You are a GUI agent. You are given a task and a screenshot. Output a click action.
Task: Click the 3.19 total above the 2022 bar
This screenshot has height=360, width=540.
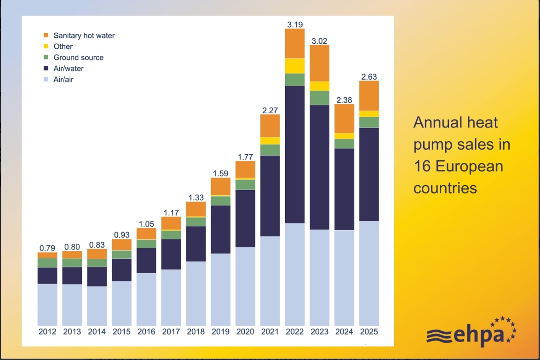pyautogui.click(x=295, y=25)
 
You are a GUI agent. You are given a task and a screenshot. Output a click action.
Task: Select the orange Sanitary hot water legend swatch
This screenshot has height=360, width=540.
pyautogui.click(x=46, y=35)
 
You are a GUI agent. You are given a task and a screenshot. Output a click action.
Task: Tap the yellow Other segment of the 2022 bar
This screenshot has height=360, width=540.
pyautogui.click(x=295, y=66)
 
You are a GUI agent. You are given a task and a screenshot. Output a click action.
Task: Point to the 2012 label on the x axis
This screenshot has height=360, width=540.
pyautogui.click(x=47, y=332)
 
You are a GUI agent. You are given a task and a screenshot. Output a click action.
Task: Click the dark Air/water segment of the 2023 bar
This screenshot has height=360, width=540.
pyautogui.click(x=320, y=167)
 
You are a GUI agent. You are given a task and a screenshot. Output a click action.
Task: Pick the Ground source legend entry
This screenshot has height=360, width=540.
pyautogui.click(x=78, y=58)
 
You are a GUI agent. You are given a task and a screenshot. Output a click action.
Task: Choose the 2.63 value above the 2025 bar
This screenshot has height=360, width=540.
pyautogui.click(x=369, y=77)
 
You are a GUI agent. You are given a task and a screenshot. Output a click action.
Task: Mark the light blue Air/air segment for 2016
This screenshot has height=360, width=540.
pyautogui.click(x=146, y=299)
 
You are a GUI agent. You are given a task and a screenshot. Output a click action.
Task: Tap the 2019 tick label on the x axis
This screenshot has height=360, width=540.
pyautogui.click(x=220, y=332)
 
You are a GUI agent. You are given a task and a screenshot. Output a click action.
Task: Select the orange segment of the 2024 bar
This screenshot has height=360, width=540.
pyautogui.click(x=344, y=118)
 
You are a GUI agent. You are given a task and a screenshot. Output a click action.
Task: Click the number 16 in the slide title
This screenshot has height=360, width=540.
pyautogui.click(x=422, y=166)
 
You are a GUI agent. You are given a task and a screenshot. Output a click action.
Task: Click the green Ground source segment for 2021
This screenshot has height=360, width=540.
pyautogui.click(x=270, y=150)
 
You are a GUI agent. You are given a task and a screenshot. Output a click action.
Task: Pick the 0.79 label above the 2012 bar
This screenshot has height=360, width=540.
pyautogui.click(x=47, y=248)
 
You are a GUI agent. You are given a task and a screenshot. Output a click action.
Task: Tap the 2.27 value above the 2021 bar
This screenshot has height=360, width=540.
pyautogui.click(x=270, y=110)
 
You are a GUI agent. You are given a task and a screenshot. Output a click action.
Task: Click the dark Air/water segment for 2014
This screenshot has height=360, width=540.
pyautogui.click(x=97, y=277)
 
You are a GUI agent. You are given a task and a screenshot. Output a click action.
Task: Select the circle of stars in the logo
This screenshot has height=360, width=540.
pyautogui.click(x=505, y=329)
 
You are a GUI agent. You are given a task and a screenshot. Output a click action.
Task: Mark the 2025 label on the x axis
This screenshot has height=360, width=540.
pyautogui.click(x=369, y=332)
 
